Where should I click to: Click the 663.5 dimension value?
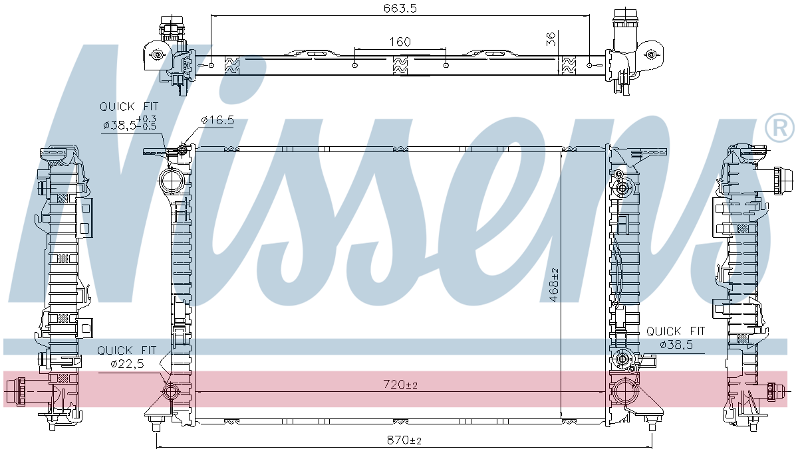tap(400, 8)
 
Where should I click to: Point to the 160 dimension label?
tap(400, 42)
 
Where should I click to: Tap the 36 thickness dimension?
tap(551, 39)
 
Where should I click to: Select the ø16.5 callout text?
tap(217, 120)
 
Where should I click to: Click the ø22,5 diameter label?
tap(128, 364)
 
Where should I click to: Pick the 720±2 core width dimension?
tap(400, 385)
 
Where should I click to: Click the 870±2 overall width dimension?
tap(404, 440)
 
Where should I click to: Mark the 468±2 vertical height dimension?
tap(554, 285)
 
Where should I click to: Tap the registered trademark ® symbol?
tap(779, 129)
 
